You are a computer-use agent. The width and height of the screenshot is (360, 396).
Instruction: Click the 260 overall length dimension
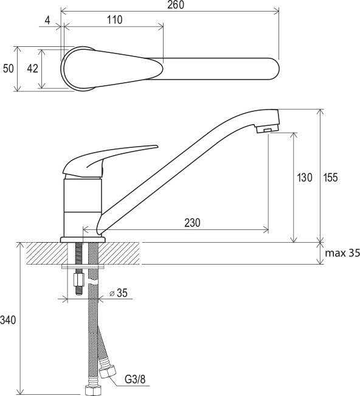click(176, 5)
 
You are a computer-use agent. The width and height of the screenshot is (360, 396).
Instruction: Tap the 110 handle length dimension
click(115, 19)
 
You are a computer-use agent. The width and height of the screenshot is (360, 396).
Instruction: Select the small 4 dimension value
click(47, 21)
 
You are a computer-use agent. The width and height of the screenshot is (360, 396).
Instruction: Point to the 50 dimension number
click(9, 69)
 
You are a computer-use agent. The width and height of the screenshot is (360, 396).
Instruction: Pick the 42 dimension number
click(33, 69)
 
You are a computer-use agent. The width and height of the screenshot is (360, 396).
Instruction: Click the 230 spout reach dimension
click(192, 223)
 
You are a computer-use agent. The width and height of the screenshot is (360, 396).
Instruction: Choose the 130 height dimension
click(305, 178)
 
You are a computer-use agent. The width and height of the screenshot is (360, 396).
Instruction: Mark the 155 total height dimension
click(330, 178)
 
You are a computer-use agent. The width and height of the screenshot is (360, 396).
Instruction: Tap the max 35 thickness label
click(342, 253)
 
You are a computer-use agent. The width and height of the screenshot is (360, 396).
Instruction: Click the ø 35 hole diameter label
click(119, 293)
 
